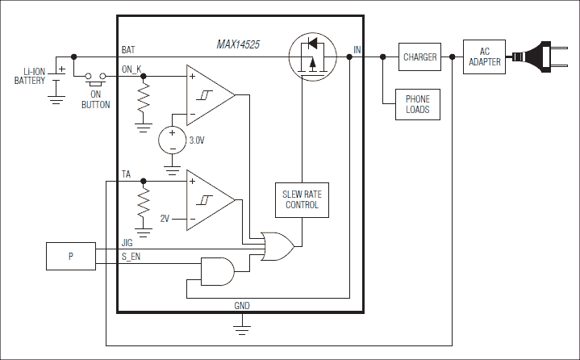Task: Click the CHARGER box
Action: coord(420,57)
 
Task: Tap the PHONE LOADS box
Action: coord(418,103)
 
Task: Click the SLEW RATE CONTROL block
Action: coord(301,199)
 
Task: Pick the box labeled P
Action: coord(70,257)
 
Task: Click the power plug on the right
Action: coord(548,57)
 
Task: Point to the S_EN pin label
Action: coord(131,256)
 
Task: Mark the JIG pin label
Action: coord(127,241)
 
